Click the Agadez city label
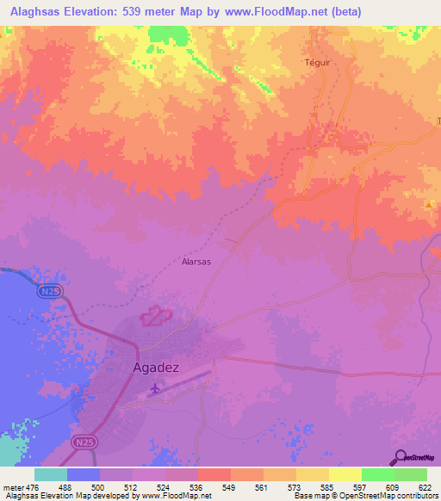156,368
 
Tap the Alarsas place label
196,261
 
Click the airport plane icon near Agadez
155,390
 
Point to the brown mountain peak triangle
430,204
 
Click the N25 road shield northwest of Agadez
49,293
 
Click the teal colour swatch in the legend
51,474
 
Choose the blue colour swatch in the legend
84,474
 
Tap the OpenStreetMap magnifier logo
401,456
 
